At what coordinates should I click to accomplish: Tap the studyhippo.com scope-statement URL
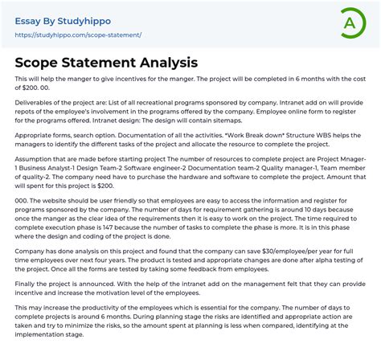tap(78, 35)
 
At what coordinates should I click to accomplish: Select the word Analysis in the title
tap(158, 62)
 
